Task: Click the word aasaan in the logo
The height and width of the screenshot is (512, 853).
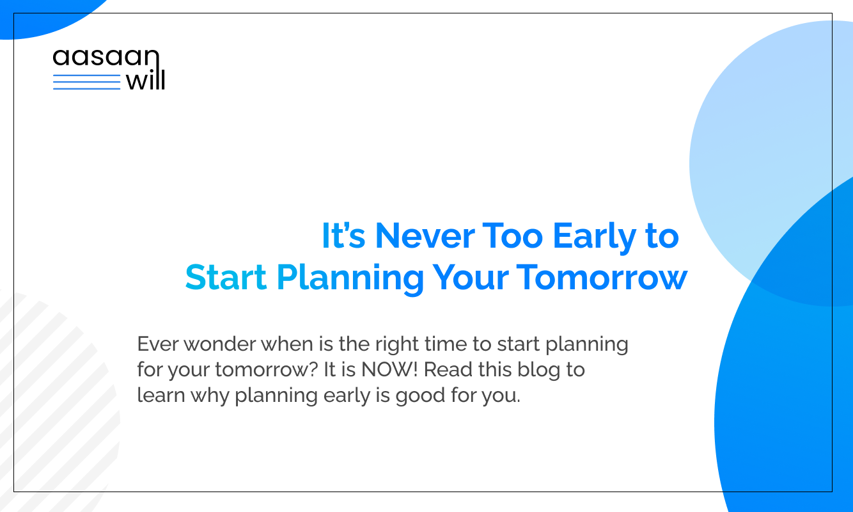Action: (106, 58)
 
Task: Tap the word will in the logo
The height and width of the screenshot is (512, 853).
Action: (145, 79)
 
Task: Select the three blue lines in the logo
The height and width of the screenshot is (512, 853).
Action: (86, 82)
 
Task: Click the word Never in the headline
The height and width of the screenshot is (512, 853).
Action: (425, 236)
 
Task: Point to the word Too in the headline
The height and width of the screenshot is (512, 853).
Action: (513, 236)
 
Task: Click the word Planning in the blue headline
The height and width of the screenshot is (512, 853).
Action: (350, 280)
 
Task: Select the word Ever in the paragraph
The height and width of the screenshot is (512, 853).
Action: (158, 344)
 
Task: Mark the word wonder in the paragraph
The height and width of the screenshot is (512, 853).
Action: (220, 344)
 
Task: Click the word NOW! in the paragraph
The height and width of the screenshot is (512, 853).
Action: (389, 369)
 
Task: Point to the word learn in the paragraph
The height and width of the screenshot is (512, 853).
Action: (160, 395)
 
